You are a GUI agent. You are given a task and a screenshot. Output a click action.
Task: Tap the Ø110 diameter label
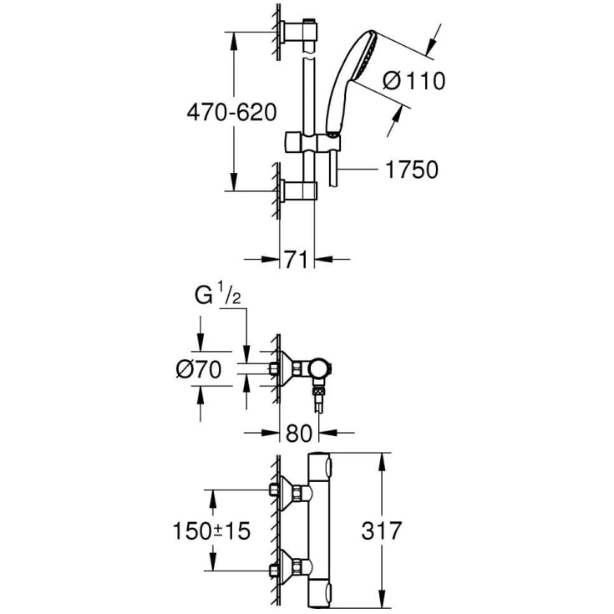coord(413,81)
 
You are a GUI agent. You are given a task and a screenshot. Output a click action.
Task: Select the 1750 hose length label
coord(411,170)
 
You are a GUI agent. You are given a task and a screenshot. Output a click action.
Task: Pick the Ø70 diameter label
coord(200,369)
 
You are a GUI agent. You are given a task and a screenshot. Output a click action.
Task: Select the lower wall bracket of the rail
coord(297,191)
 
